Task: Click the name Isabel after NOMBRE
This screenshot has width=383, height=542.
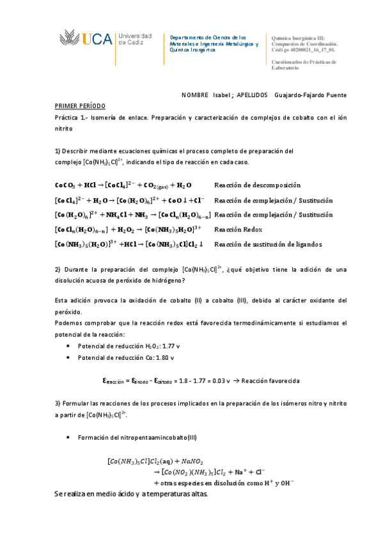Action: pyautogui.click(x=223, y=95)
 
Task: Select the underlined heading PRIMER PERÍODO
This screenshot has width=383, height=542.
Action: pyautogui.click(x=80, y=105)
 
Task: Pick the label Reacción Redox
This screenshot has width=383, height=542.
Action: pyautogui.click(x=238, y=229)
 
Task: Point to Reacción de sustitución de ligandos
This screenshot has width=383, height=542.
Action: pyautogui.click(x=268, y=244)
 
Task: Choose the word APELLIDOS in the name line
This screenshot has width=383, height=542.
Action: pyautogui.click(x=252, y=95)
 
